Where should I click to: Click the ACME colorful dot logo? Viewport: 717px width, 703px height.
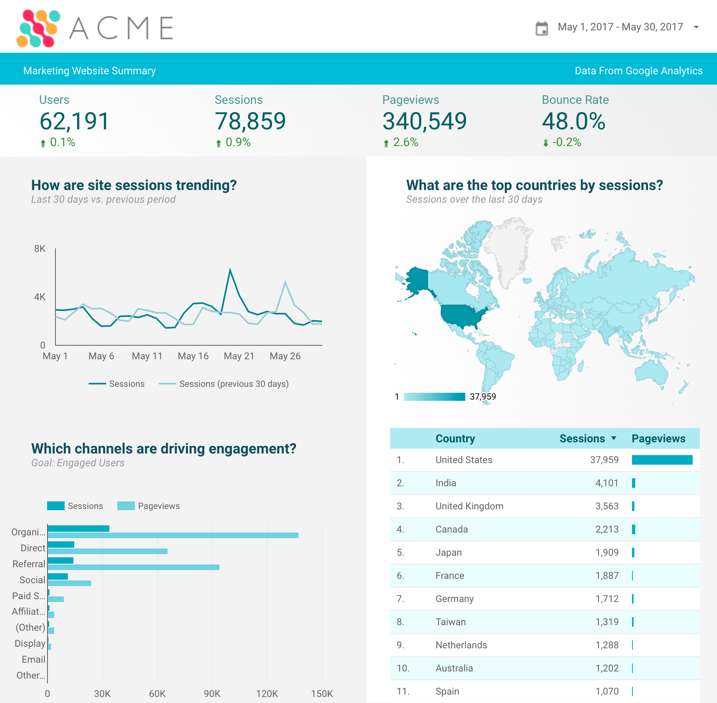[x=38, y=28]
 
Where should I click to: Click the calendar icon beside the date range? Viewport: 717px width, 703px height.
[x=541, y=28]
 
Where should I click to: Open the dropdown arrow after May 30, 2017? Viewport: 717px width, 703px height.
[x=696, y=27]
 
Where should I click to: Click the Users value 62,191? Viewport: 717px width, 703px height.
[x=74, y=121]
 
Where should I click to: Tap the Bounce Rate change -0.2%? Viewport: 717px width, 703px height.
[x=566, y=142]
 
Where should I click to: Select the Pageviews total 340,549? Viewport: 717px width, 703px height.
[x=424, y=121]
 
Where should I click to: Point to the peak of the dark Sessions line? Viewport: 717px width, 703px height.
[x=230, y=270]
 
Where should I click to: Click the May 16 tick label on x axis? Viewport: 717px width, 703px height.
[x=193, y=356]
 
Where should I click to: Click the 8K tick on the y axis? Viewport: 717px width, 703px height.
[x=40, y=249]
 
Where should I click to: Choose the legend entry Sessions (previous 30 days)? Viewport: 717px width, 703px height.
[x=234, y=384]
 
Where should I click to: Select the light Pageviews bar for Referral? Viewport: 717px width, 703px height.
[x=133, y=567]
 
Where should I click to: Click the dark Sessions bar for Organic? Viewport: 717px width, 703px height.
[x=78, y=529]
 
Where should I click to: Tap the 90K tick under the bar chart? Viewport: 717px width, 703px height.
[x=212, y=693]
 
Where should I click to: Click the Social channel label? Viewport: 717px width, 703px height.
[x=32, y=580]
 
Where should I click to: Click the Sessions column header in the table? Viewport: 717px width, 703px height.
[x=582, y=438]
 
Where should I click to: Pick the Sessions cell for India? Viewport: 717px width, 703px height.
[x=606, y=483]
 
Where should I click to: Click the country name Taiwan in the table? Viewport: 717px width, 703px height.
[x=450, y=622]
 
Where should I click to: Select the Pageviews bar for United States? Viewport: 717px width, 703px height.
[x=662, y=460]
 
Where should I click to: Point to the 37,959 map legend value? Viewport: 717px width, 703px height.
[x=483, y=396]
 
